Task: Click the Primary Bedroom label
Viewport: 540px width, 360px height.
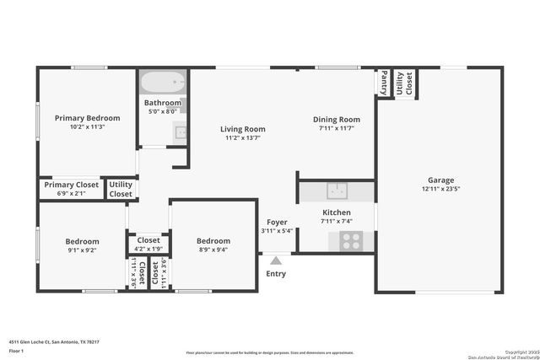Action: (x=87, y=118)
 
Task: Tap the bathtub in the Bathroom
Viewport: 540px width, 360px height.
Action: (x=162, y=83)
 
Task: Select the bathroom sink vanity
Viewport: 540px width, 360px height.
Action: (x=180, y=131)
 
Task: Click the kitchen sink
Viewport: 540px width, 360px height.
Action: (x=337, y=191)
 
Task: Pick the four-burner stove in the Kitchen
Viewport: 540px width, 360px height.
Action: (x=351, y=241)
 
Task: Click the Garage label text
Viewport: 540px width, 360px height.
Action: (x=440, y=180)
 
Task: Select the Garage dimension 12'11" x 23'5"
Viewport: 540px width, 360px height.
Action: (x=440, y=190)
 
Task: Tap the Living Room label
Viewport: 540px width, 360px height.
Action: (x=243, y=129)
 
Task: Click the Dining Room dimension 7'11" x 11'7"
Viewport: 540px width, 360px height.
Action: (x=337, y=129)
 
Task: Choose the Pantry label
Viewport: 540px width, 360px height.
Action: (x=383, y=83)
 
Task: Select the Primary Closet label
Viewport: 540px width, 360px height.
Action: (x=72, y=185)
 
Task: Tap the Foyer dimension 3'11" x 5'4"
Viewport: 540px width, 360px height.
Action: (x=276, y=231)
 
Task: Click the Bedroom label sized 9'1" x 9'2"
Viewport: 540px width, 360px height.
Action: (x=82, y=241)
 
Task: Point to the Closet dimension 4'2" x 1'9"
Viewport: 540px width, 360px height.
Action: (x=148, y=250)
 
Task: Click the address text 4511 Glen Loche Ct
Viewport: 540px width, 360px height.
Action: (x=43, y=342)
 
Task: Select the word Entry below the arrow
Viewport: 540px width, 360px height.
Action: (x=276, y=273)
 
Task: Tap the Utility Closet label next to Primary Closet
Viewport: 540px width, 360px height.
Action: (x=121, y=189)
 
